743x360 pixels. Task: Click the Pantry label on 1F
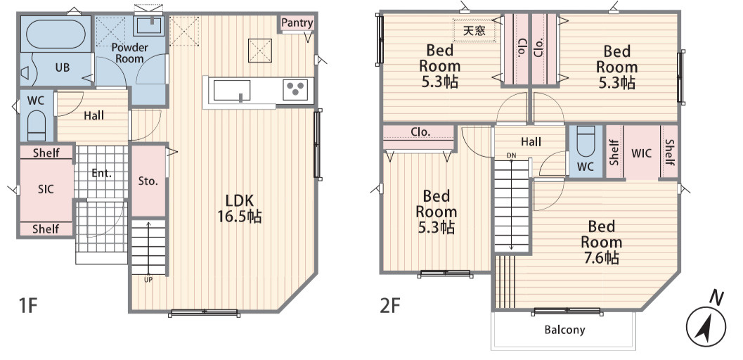coord(297,22)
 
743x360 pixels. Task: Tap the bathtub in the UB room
coord(56,34)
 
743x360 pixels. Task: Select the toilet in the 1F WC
coord(36,126)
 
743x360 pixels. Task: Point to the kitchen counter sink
coord(232,91)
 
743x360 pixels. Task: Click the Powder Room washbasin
coord(149,25)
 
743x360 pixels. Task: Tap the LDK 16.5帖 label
coord(239,208)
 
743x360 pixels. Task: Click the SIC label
coord(46,189)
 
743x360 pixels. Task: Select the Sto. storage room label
coord(148,181)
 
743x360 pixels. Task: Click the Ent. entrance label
coord(101,174)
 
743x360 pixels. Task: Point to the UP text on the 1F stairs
coord(148,280)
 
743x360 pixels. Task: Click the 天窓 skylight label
coord(474,31)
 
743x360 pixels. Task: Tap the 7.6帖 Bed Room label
coord(601,242)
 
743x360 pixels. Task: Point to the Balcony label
coord(564,330)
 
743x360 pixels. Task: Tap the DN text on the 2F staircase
coord(511,155)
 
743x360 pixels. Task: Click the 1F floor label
coord(27,306)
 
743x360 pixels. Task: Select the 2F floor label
coord(390,306)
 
